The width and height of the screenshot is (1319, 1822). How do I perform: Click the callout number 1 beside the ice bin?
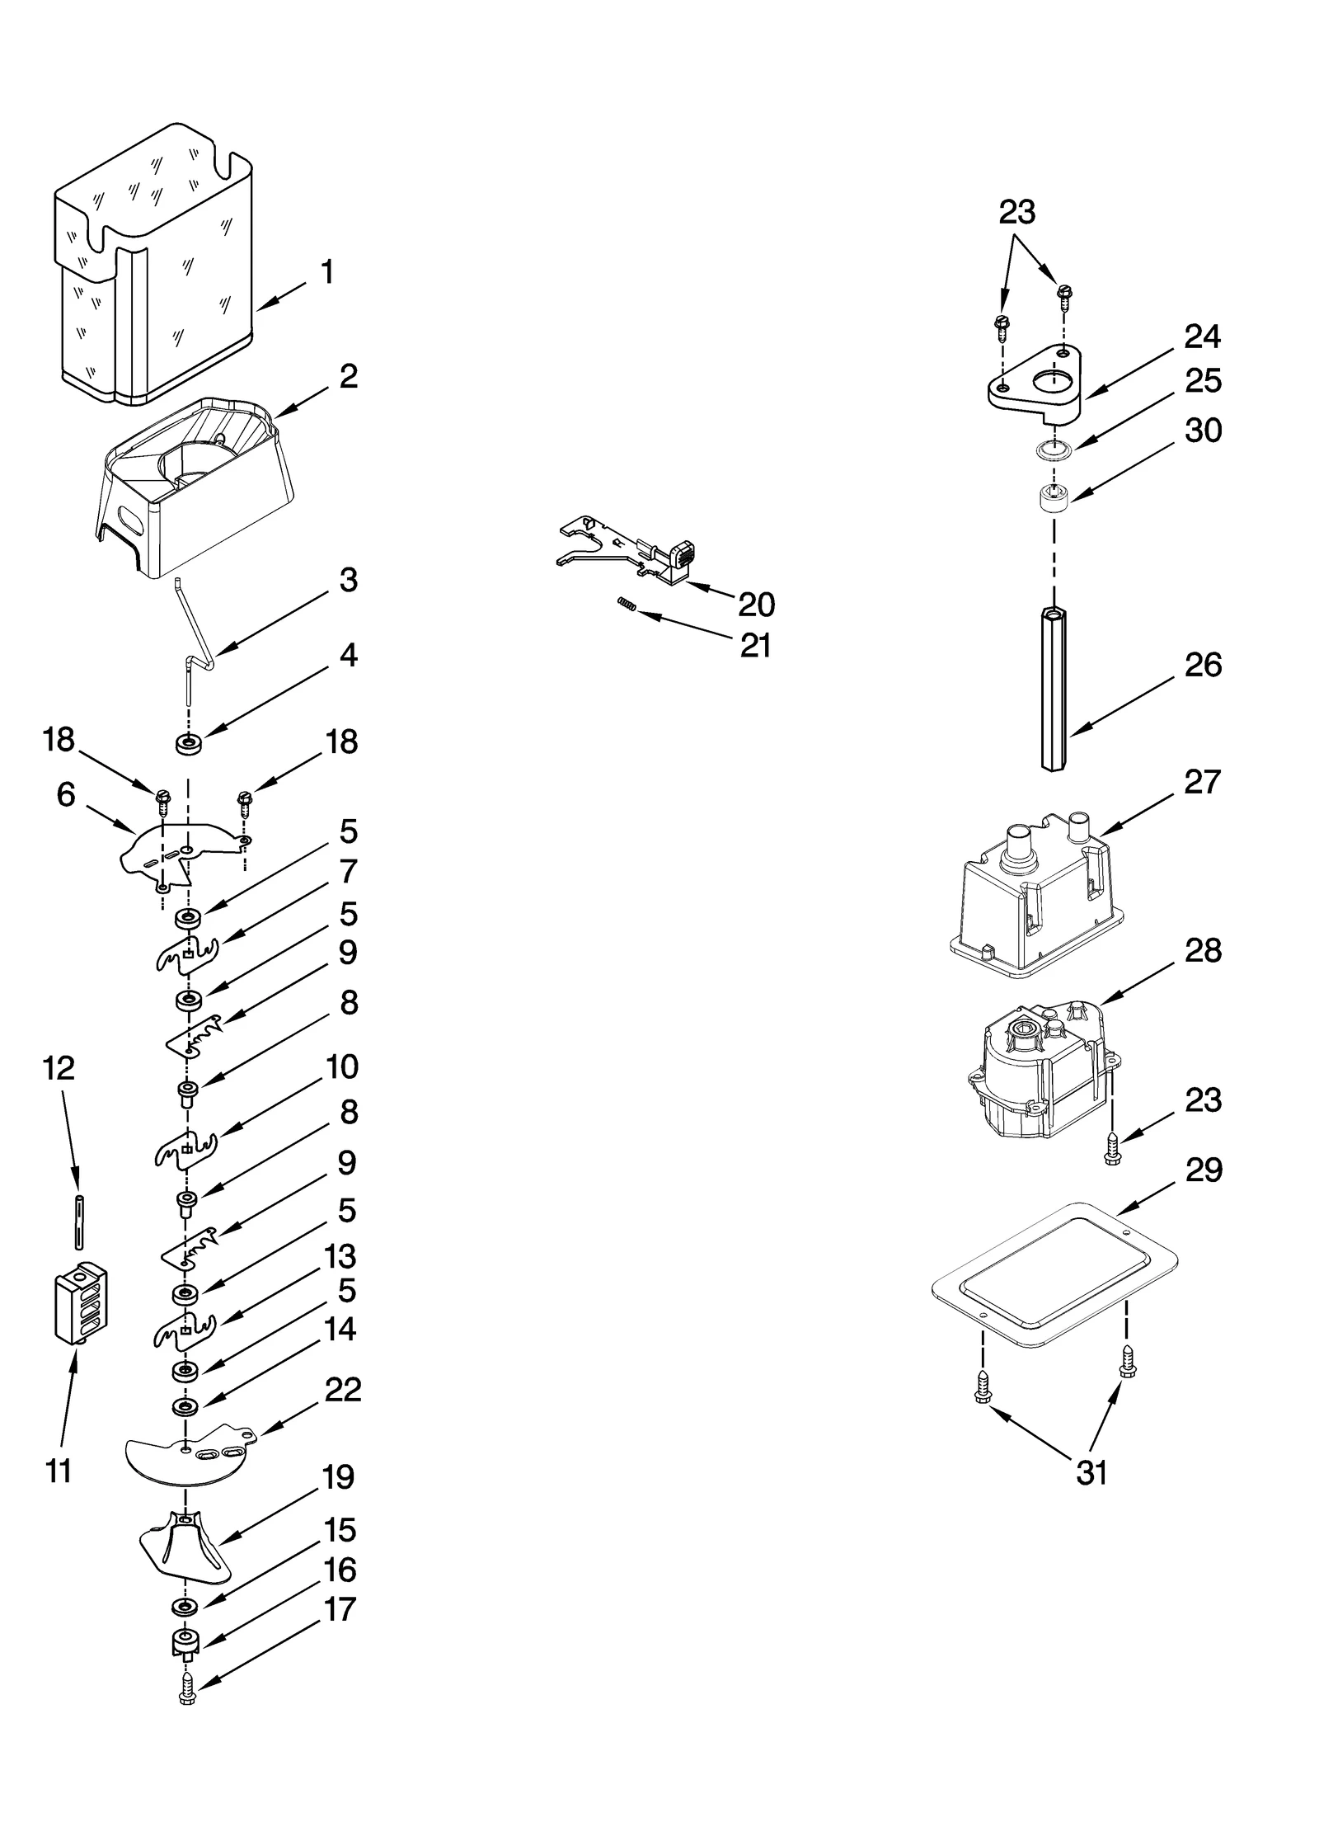(327, 271)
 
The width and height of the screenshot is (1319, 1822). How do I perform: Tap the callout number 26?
(1202, 665)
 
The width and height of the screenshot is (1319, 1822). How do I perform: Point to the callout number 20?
(756, 605)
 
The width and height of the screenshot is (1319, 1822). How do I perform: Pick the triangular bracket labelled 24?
(1035, 383)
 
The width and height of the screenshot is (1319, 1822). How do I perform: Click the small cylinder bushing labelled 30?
(1053, 499)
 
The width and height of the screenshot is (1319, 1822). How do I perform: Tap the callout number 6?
(66, 794)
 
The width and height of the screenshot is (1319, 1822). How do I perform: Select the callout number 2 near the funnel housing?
(348, 376)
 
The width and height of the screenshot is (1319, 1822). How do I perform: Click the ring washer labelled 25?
(1054, 450)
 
